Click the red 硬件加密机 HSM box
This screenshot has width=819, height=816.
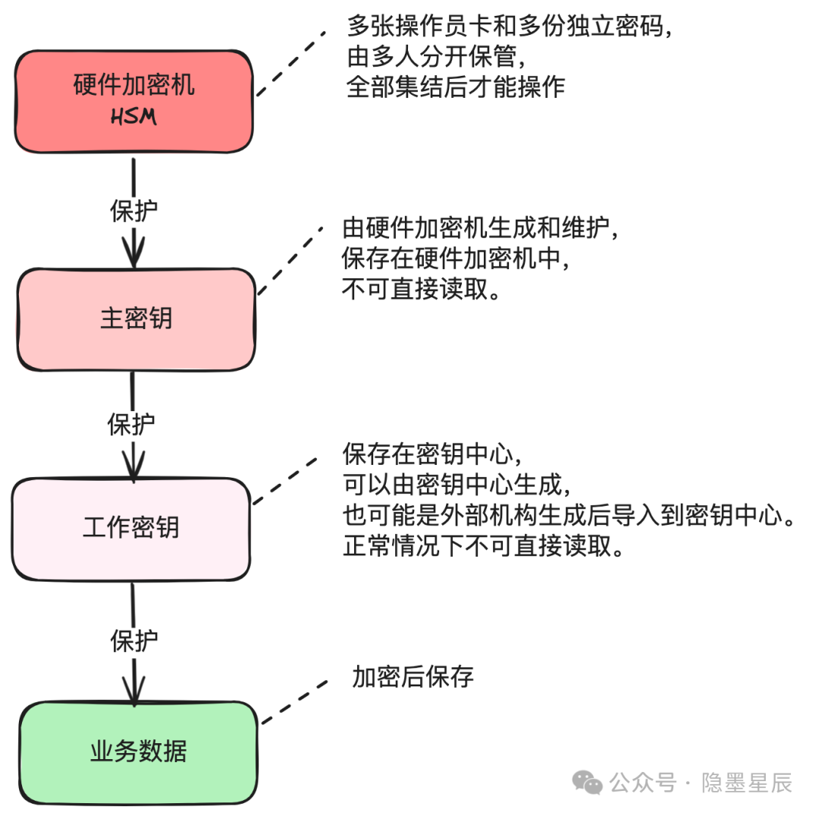pyautogui.click(x=134, y=102)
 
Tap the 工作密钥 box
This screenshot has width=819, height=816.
pyautogui.click(x=130, y=528)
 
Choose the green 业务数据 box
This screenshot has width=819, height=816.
pyautogui.click(x=138, y=752)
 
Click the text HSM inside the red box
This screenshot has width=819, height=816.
pyautogui.click(x=134, y=118)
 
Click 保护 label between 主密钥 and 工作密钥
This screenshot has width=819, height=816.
pyautogui.click(x=131, y=425)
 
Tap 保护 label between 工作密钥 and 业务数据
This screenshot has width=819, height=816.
pyautogui.click(x=134, y=642)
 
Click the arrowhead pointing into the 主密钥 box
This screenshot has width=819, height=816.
pyautogui.click(x=134, y=256)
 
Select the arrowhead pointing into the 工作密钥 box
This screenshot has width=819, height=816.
pyautogui.click(x=133, y=469)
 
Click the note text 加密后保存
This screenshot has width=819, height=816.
pyautogui.click(x=413, y=676)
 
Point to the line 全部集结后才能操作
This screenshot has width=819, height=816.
pyautogui.click(x=456, y=86)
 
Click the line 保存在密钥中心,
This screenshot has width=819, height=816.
pyautogui.click(x=431, y=455)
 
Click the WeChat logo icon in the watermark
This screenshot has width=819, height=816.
pyautogui.click(x=588, y=781)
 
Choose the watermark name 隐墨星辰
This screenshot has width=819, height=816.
pyautogui.click(x=747, y=782)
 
